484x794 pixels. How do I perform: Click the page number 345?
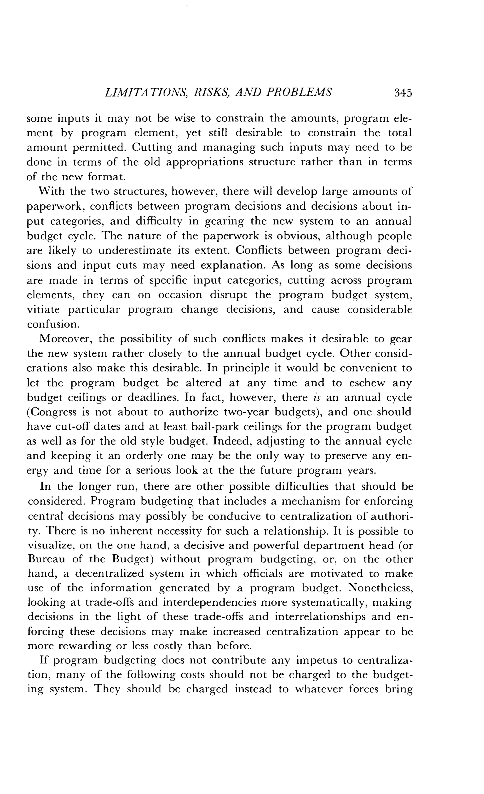[x=403, y=93]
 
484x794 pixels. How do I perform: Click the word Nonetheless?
[x=380, y=588]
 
